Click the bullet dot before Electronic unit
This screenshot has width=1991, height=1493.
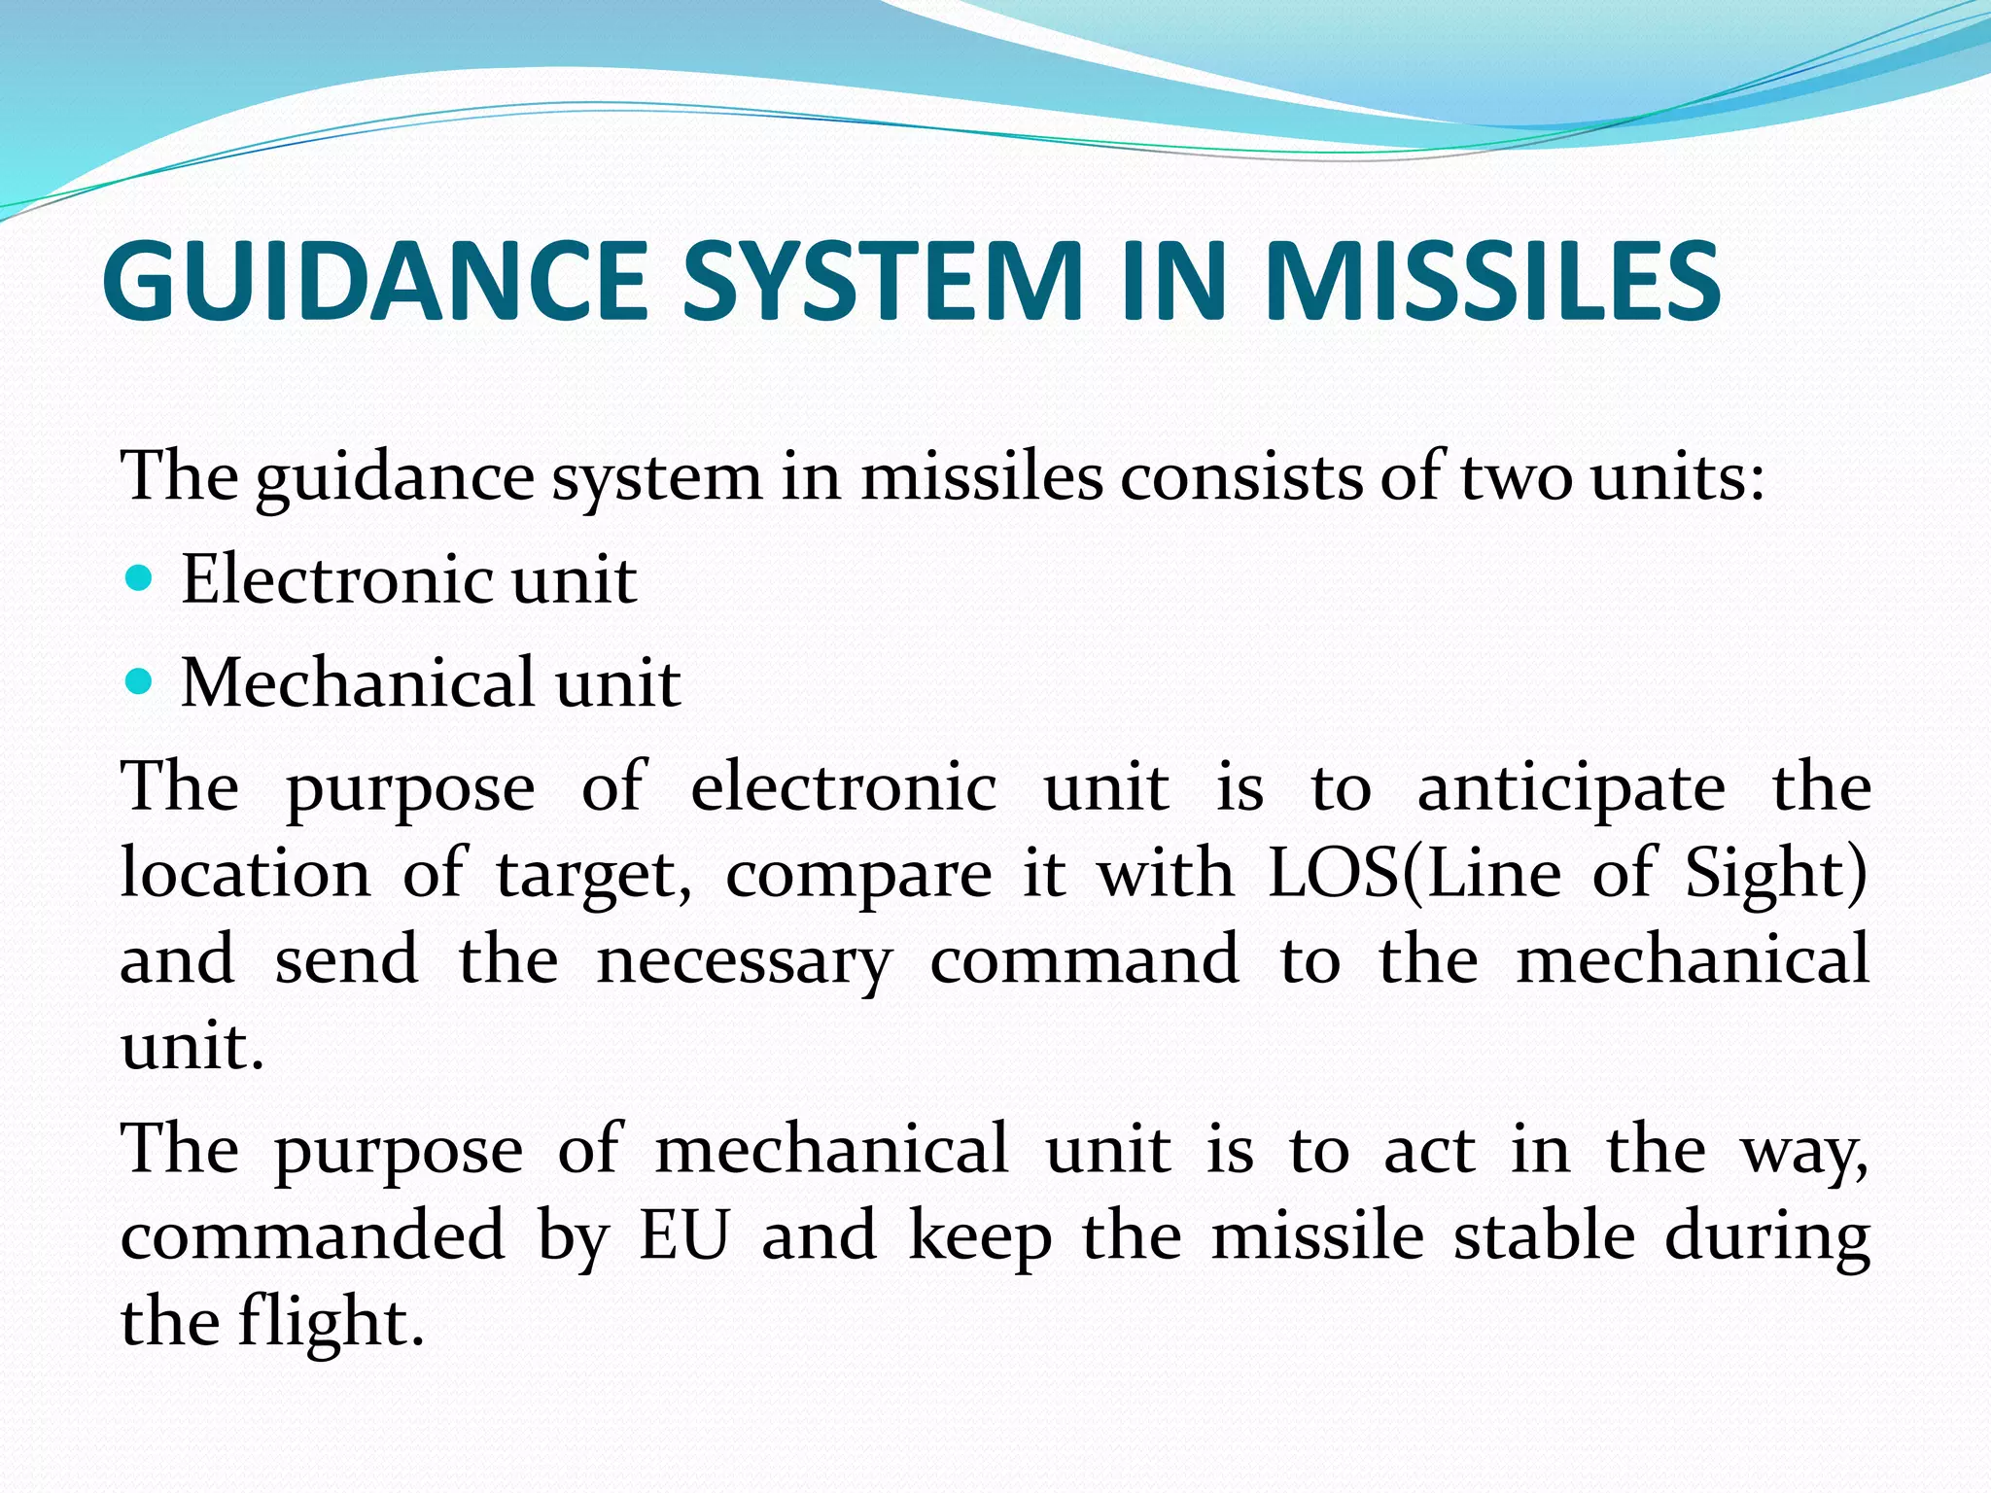[140, 579]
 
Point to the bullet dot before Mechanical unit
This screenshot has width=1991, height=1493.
[140, 682]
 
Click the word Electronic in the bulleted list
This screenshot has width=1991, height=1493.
[336, 579]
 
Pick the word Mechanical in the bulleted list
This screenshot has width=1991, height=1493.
[358, 682]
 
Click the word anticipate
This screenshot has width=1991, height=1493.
[1571, 787]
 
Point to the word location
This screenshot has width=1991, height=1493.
[245, 873]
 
